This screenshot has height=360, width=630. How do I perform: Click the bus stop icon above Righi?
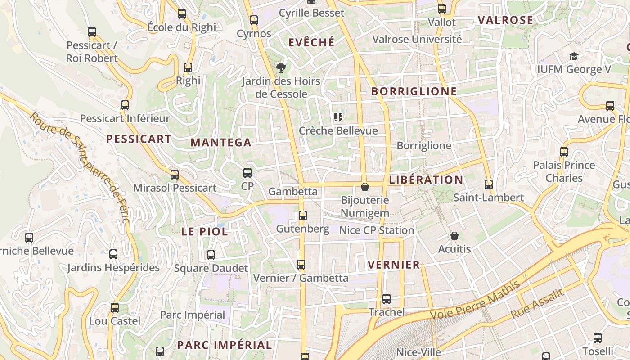coord(188,67)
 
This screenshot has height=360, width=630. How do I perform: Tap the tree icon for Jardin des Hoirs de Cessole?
coord(281,68)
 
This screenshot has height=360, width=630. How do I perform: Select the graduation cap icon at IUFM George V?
coord(574,56)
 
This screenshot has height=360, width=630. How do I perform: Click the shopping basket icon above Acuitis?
coord(454,236)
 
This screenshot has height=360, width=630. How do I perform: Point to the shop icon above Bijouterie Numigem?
coord(365,186)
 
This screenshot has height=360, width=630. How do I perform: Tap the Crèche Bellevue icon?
coord(338,117)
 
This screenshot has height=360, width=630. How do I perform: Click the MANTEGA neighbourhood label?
coord(221,143)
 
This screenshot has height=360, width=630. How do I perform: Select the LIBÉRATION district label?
coord(426,180)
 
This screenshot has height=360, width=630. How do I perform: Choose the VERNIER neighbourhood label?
coord(394,265)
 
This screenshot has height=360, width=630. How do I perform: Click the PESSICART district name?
coord(139,139)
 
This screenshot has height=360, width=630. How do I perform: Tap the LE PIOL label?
coord(204,232)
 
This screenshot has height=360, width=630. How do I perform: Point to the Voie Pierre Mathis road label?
coord(475,300)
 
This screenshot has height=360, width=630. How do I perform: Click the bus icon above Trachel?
coord(387,298)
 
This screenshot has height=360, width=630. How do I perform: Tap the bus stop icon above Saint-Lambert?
coord(489,184)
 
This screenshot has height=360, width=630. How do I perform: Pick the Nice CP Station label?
coord(376,230)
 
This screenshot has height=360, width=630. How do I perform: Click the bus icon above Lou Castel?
coord(115,308)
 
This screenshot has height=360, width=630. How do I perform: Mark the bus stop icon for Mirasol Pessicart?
coord(175,174)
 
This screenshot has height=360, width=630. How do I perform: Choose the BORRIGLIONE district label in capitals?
coord(414,92)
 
